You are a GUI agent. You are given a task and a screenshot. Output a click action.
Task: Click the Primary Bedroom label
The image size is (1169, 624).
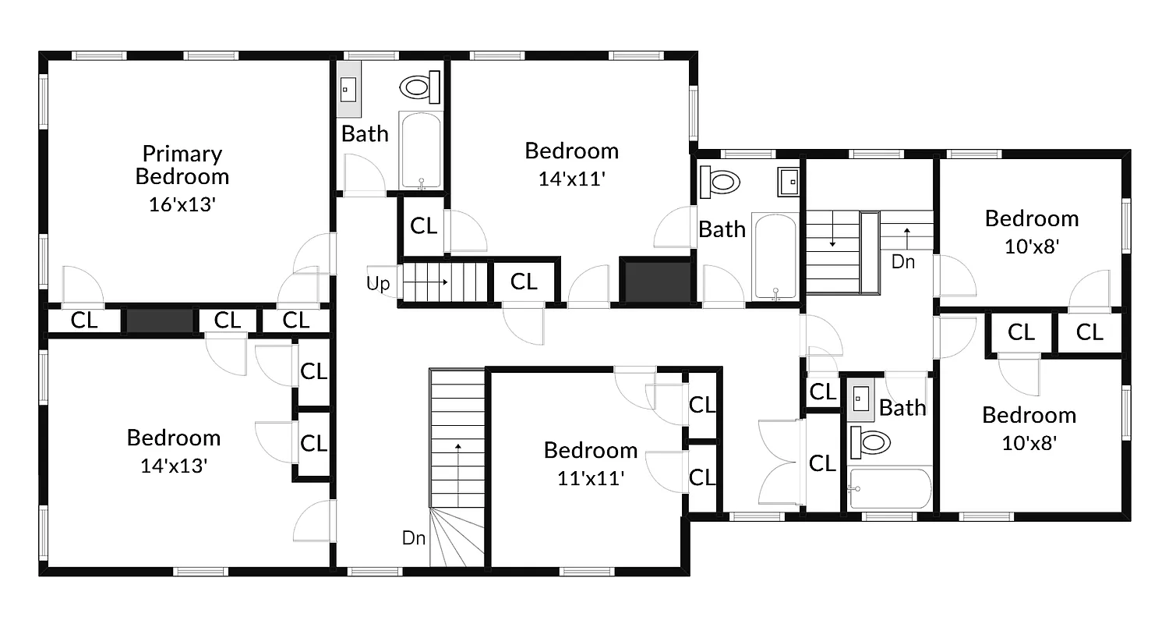coord(182,165)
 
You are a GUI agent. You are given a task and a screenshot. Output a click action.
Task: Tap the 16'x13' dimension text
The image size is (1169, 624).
coord(182,204)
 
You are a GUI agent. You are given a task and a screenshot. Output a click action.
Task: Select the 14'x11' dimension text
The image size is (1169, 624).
coord(571,179)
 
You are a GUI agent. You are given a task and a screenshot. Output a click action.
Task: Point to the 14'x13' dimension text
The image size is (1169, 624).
coord(173,466)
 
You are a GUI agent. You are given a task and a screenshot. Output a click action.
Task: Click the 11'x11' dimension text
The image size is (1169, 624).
coord(590,478)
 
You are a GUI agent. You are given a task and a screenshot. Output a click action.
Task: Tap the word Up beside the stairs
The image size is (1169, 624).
coord(378,283)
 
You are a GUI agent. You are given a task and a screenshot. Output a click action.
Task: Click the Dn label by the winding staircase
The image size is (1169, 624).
coord(413,537)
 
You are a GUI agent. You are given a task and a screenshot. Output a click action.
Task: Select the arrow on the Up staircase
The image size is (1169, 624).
coord(436,282)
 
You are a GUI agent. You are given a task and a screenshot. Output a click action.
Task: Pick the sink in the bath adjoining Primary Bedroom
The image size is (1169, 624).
coord(348,90)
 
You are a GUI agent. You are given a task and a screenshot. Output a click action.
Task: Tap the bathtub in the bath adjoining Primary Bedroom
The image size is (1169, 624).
coord(421,150)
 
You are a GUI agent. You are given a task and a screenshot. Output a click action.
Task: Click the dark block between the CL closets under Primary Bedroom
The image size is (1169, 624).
coord(160,321)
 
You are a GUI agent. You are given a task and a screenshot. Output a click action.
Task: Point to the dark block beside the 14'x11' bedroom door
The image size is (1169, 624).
coord(655,281)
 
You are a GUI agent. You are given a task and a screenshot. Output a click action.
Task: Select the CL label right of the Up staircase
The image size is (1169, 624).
coord(524,282)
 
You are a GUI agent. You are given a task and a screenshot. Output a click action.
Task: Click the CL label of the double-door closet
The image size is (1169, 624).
coord(821,463)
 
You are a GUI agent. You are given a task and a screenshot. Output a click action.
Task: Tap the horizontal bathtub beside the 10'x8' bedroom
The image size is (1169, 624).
coord(890,488)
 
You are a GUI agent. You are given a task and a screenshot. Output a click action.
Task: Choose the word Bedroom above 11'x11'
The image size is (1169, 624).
coord(590,450)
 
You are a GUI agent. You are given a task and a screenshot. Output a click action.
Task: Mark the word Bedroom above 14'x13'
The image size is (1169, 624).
coord(173,438)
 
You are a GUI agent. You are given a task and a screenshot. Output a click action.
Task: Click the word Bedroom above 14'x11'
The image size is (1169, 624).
coord(571,151)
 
